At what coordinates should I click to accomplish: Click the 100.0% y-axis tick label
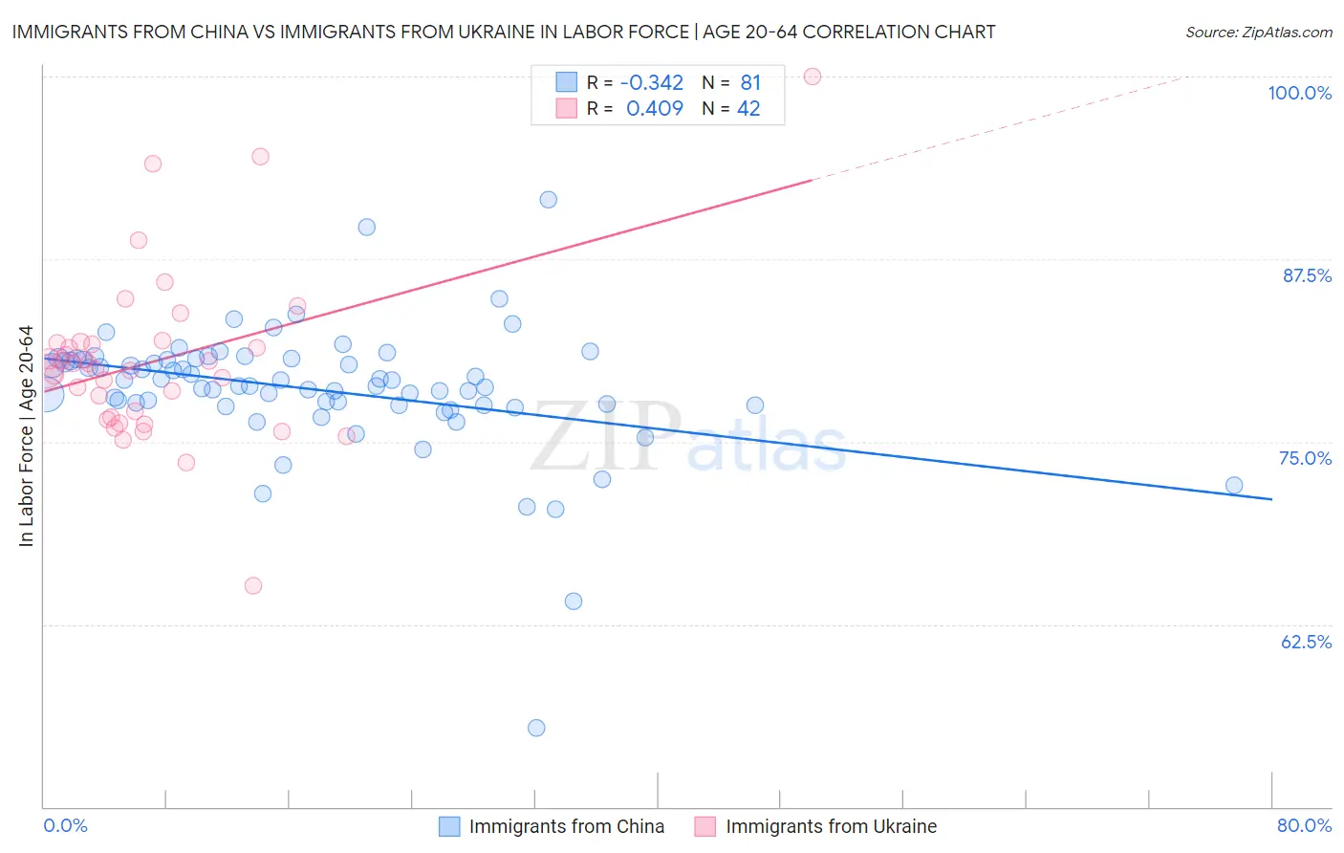pos(1299,93)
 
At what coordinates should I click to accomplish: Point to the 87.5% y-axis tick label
pos(1307,275)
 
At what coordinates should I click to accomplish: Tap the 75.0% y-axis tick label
pos(1305,458)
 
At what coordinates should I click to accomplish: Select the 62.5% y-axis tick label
pos(1306,642)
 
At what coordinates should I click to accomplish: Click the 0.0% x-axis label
pos(65,825)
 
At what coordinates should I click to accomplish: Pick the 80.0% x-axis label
pos(1304,825)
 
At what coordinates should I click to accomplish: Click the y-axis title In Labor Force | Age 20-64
pos(26,436)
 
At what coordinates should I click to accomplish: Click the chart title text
pos(504,32)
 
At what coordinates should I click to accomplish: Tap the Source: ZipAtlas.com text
pos(1258,32)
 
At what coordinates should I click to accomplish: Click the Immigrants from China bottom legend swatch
pos(449,826)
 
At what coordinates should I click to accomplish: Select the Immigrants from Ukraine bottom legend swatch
pos(705,826)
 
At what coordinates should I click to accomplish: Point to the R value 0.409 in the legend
pos(655,108)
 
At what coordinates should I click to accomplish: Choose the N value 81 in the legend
pos(750,82)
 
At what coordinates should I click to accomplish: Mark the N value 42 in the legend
pos(748,108)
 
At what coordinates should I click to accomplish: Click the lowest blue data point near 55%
pos(536,728)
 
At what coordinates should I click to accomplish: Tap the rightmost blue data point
pos(1234,485)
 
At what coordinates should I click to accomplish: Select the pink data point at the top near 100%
pos(813,77)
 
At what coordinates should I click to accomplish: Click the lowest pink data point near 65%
pos(253,585)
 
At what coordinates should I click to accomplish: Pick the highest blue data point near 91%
pos(548,200)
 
